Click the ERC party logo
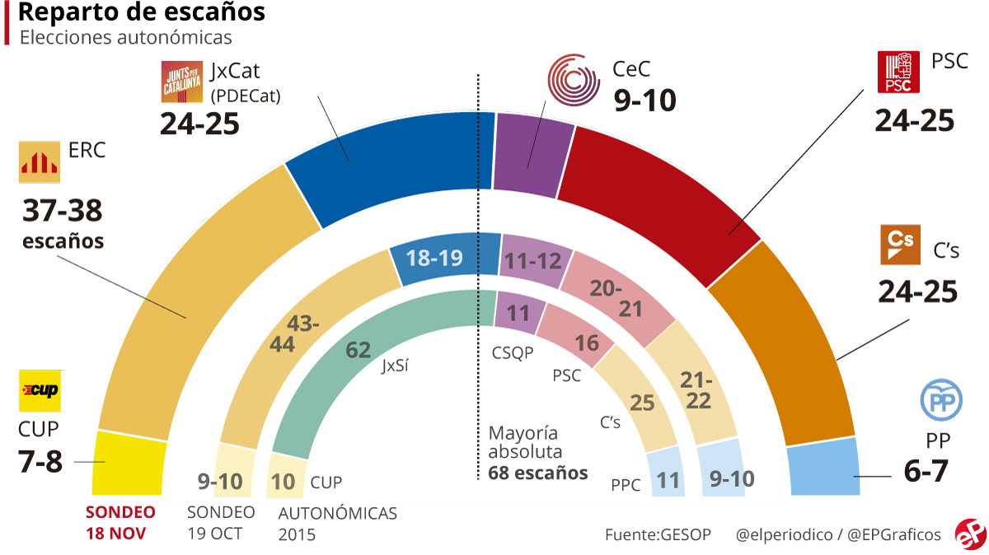point(40,162)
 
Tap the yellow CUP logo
point(40,390)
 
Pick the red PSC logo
point(899,72)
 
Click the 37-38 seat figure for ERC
point(62,211)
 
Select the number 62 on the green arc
point(358,350)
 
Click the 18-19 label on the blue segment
point(434,259)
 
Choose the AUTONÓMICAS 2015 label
point(337,523)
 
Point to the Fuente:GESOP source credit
point(658,534)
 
